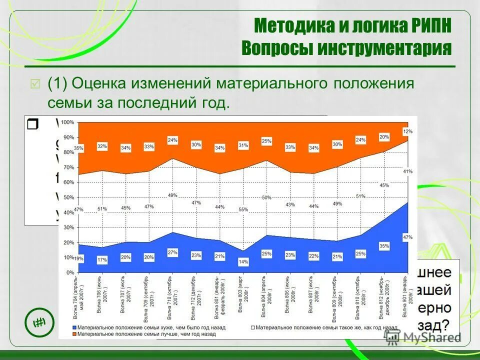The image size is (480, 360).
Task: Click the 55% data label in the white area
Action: click(x=243, y=209)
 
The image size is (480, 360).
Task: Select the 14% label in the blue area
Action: click(x=243, y=261)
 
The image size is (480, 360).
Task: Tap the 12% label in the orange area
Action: click(x=408, y=131)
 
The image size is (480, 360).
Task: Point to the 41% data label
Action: click(x=408, y=171)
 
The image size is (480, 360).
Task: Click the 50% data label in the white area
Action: click(x=266, y=198)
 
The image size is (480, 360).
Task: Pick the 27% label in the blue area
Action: click(x=172, y=252)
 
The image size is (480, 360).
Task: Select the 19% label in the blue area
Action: click(x=78, y=258)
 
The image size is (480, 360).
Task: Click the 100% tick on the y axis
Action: click(x=68, y=122)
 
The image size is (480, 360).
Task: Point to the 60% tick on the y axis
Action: click(x=69, y=182)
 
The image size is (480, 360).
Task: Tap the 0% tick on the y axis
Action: click(x=70, y=273)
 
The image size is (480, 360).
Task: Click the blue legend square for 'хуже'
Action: click(x=75, y=327)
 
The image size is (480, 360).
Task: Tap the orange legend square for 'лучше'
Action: click(x=75, y=333)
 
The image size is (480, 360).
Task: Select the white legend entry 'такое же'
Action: click(x=320, y=327)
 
